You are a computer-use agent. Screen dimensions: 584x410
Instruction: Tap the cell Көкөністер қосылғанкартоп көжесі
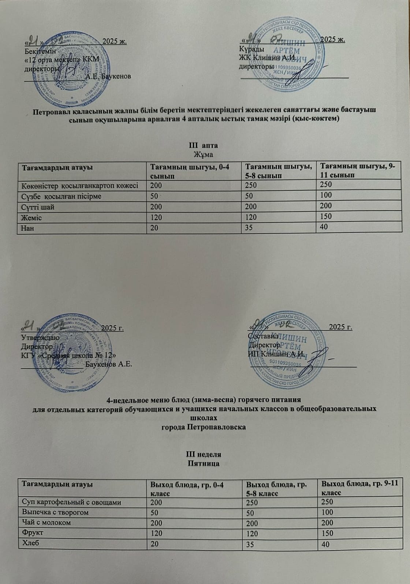pyautogui.click(x=80, y=186)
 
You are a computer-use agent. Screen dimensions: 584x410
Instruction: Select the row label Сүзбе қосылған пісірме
pyautogui.click(x=62, y=196)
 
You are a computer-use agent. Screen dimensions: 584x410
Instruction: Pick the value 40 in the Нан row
pyautogui.click(x=324, y=227)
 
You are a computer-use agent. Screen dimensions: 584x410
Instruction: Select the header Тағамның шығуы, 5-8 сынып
pyautogui.click(x=278, y=171)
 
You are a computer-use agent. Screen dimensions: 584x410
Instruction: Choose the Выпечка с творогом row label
pyautogui.click(x=56, y=512)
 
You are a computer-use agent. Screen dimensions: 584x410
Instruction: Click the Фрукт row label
pyautogui.click(x=33, y=533)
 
